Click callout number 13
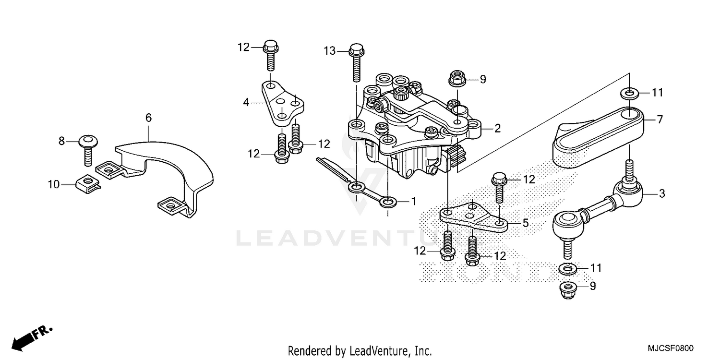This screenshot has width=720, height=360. click(x=329, y=50)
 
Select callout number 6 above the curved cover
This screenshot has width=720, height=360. click(x=148, y=117)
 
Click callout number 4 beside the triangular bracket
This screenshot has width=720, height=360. click(x=246, y=102)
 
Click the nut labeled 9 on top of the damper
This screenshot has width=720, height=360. click(x=455, y=79)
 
